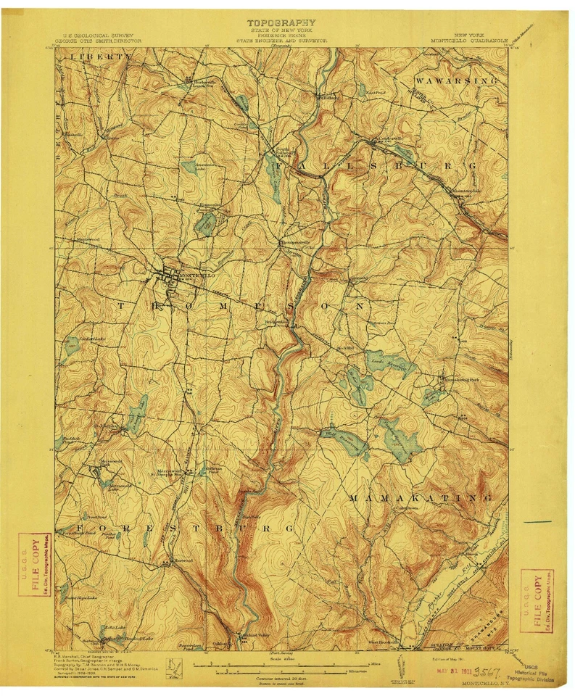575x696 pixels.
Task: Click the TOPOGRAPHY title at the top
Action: point(281,23)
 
